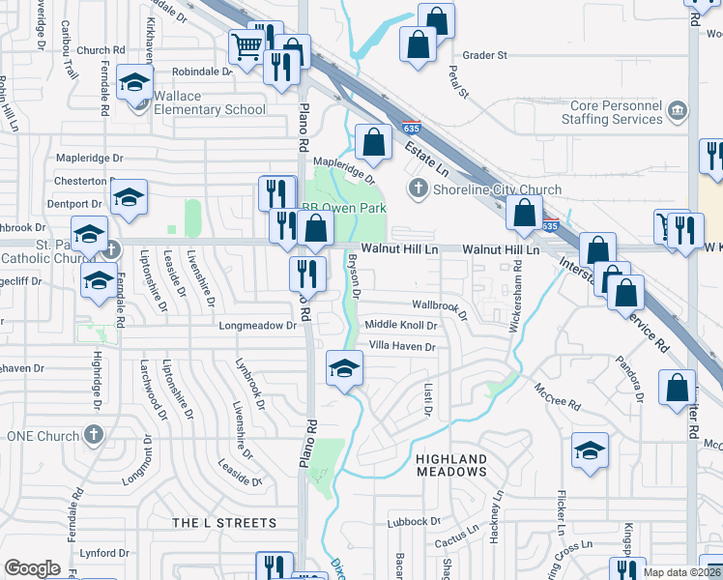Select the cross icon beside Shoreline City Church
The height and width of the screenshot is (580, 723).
[419, 188]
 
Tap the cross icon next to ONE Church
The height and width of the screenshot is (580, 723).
[94, 435]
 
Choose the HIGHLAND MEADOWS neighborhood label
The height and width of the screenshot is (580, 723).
[451, 464]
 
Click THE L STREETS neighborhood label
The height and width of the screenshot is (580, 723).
[224, 523]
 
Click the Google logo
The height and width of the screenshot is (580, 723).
[32, 568]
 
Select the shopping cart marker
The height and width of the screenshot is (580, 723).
[246, 43]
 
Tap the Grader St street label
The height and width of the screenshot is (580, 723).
[484, 56]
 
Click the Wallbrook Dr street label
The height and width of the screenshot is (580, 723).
[440, 306]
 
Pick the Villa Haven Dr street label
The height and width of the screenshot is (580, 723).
[403, 346]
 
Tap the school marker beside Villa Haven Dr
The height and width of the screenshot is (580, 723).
[343, 368]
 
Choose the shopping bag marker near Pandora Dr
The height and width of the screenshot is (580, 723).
[677, 387]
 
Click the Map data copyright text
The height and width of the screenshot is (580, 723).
[681, 572]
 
